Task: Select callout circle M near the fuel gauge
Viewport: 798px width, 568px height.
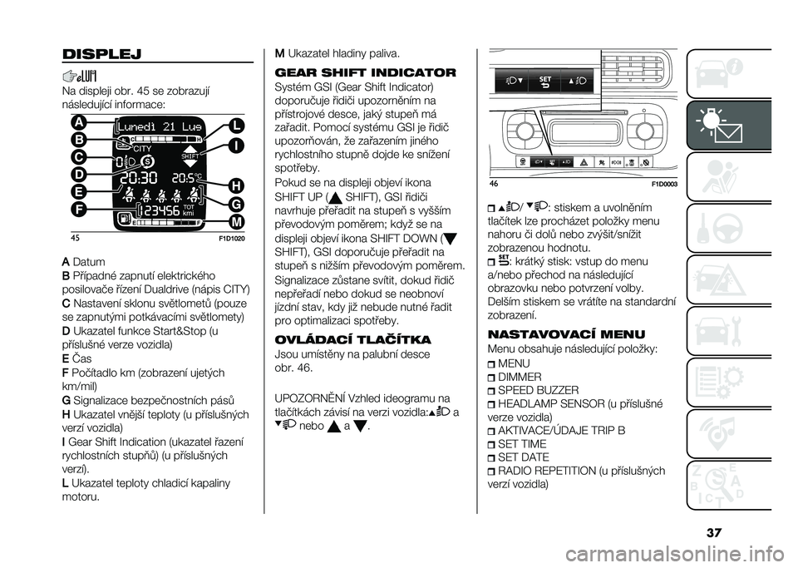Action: point(237,222)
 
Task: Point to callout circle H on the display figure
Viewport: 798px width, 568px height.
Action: point(237,185)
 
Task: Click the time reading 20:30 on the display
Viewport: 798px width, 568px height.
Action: point(139,178)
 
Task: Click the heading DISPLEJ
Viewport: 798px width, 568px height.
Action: point(101,54)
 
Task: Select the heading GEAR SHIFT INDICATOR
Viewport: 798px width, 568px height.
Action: point(366,72)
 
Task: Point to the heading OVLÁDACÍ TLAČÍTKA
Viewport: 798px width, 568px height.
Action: point(352,339)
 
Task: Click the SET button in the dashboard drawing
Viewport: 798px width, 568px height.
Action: point(544,81)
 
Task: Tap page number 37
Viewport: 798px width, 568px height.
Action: point(713,533)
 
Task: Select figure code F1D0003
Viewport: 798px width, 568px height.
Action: point(665,185)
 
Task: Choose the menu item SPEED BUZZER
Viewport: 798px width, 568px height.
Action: point(539,390)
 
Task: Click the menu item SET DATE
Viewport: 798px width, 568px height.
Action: point(524,457)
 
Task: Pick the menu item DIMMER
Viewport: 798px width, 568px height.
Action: point(520,377)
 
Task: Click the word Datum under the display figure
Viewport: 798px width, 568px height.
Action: point(89,262)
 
